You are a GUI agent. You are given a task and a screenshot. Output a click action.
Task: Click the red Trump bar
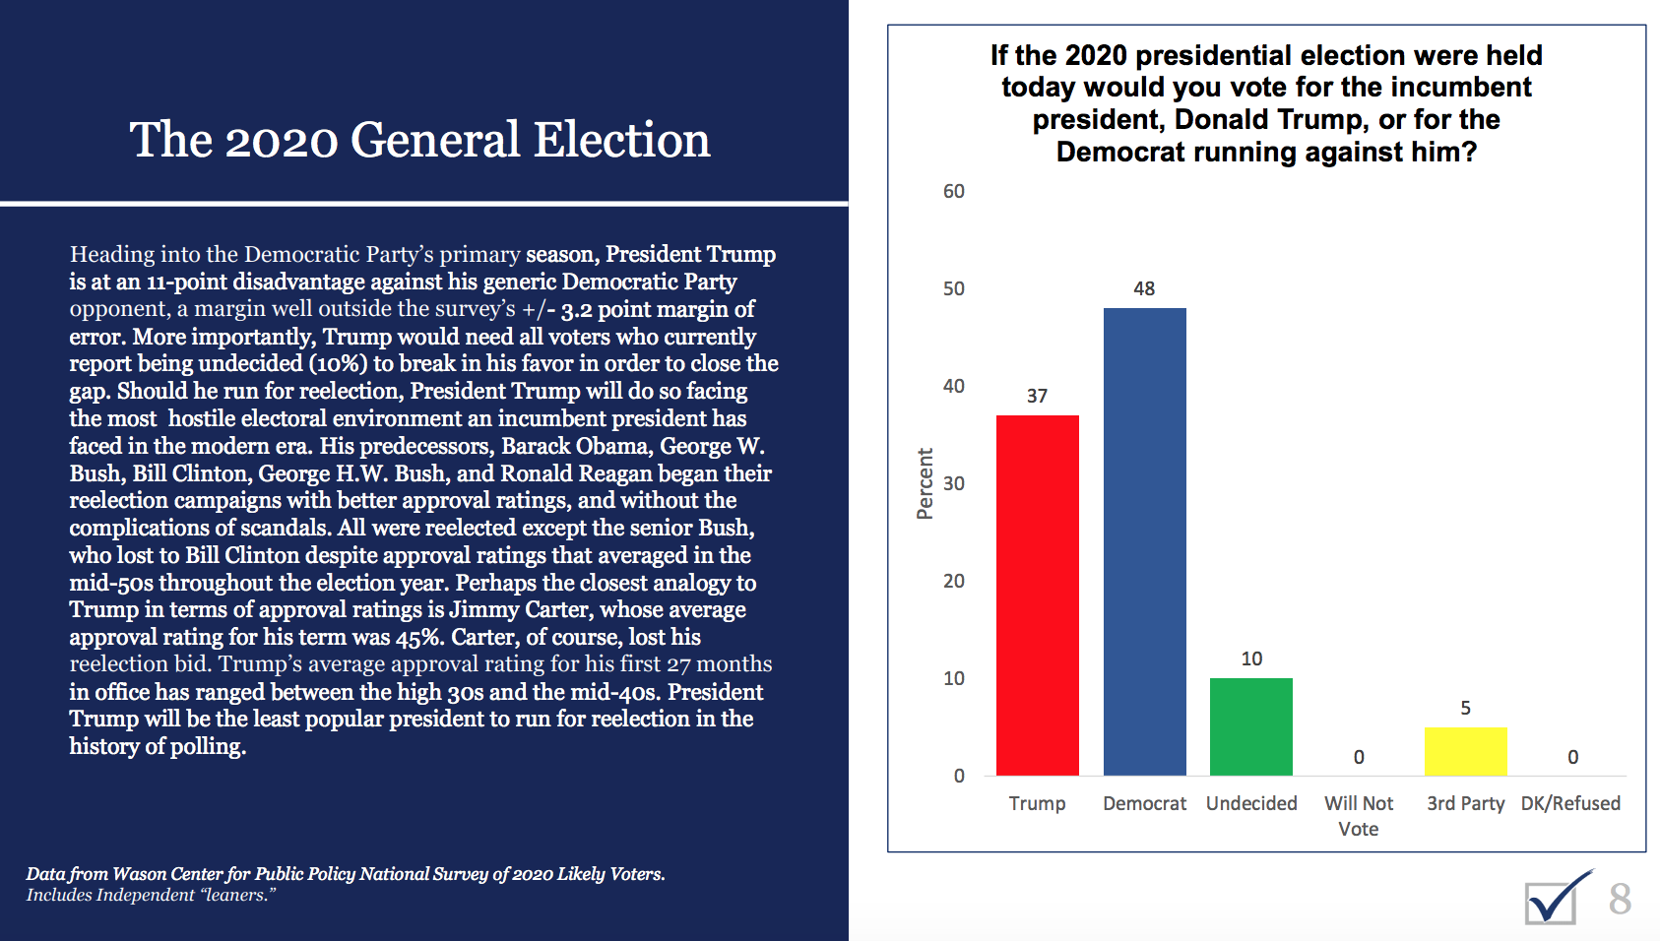coord(1037,595)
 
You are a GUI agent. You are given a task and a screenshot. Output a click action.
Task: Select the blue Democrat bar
coord(1144,541)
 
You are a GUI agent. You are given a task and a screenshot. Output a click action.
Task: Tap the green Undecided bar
coord(1250,726)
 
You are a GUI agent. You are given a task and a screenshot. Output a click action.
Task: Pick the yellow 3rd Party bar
coord(1465,751)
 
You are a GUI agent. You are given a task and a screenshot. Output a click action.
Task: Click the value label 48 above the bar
coord(1144,288)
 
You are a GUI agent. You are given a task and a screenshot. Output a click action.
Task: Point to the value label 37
coord(1037,396)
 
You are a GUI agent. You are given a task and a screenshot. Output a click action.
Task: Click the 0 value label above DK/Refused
coord(1572,757)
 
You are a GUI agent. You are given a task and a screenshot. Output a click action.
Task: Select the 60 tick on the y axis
coord(953,191)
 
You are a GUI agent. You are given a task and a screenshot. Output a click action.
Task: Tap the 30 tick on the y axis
coord(953,483)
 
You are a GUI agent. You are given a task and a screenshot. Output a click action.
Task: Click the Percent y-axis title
coord(925,483)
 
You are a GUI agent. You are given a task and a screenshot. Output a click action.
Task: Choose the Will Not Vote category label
coord(1359,816)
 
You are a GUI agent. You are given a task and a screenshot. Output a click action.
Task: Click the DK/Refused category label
coord(1570,803)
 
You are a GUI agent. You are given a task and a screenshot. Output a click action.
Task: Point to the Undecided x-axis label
coord(1251,803)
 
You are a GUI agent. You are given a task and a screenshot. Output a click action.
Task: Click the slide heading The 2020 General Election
coord(419,140)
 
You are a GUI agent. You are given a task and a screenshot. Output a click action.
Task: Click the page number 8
coord(1620,899)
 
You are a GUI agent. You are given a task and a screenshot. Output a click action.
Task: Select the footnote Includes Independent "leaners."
coord(151,895)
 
